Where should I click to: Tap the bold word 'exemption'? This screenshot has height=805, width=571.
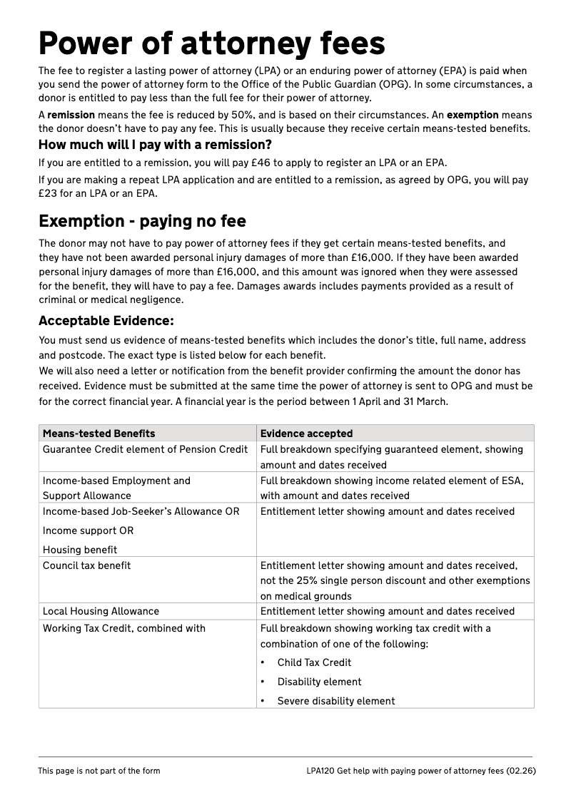click(473, 115)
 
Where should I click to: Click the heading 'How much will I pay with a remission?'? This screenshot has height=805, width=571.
click(155, 145)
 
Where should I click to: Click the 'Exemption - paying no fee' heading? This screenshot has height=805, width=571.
click(142, 220)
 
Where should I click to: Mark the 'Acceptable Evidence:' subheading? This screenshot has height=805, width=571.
click(106, 321)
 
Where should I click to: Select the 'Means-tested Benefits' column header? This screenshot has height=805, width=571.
click(98, 434)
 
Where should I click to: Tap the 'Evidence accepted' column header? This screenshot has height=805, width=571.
click(306, 434)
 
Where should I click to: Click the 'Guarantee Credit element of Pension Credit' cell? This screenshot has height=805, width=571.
click(146, 449)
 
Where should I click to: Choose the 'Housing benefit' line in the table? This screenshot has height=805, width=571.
click(80, 550)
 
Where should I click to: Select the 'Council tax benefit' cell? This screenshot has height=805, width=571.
click(86, 565)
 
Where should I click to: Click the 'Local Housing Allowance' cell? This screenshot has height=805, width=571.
click(101, 611)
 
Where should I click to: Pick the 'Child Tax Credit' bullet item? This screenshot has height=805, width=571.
click(314, 662)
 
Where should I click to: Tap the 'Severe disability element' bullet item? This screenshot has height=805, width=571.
click(335, 701)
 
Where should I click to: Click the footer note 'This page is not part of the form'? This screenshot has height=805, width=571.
click(98, 771)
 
